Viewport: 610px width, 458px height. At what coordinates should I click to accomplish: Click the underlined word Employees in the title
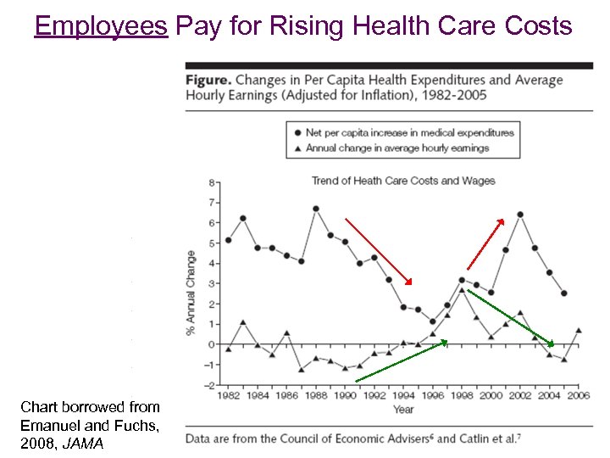click(x=101, y=26)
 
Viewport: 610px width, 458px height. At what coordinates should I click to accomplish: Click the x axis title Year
click(x=403, y=410)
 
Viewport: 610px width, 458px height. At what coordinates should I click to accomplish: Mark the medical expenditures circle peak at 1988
click(x=315, y=208)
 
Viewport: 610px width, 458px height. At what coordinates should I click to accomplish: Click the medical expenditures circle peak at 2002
click(x=519, y=215)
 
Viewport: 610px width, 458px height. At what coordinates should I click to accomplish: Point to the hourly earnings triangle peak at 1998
click(x=462, y=289)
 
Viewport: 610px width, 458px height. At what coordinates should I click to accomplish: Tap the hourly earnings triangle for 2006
click(x=578, y=330)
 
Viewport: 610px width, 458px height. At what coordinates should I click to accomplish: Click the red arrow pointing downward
click(x=378, y=251)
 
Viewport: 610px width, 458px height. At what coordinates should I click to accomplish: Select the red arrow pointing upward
click(x=485, y=244)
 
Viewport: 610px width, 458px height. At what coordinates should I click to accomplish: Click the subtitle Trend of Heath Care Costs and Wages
click(x=403, y=181)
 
